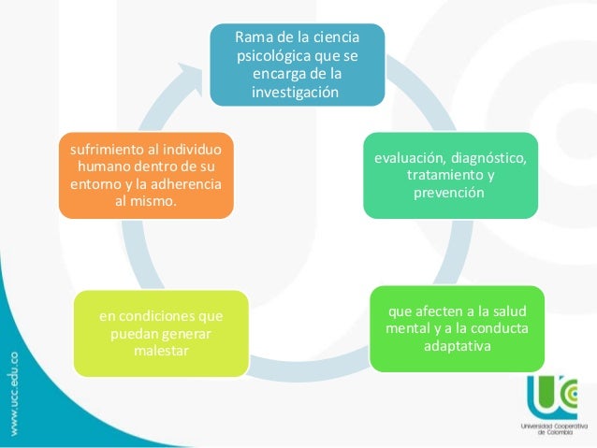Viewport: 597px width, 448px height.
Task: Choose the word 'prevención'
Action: tap(450, 194)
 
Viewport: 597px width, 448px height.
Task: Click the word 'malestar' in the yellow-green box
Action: tap(162, 351)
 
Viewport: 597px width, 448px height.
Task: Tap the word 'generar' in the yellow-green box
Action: tap(187, 333)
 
